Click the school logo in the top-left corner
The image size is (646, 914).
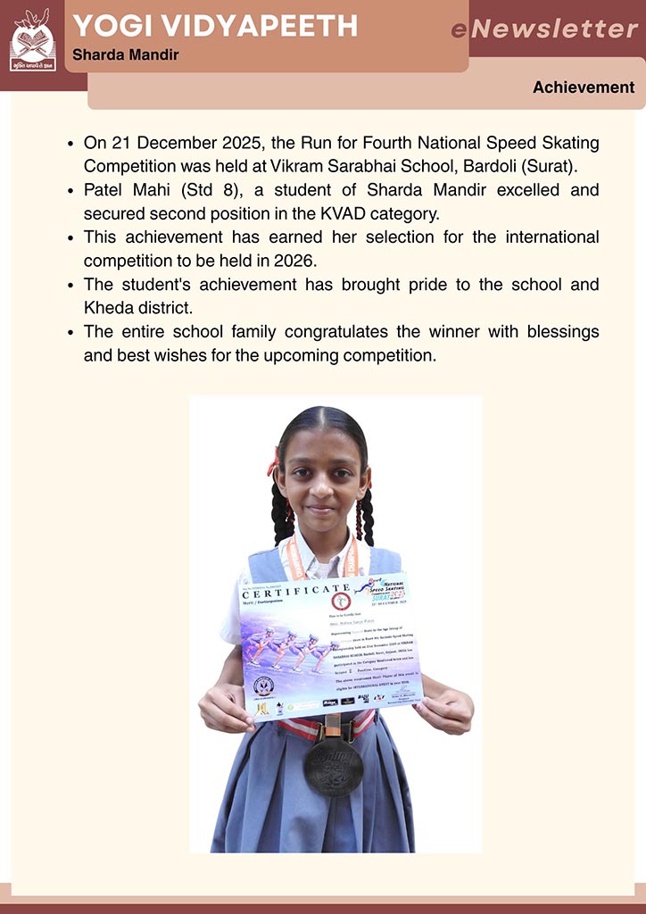tap(32, 40)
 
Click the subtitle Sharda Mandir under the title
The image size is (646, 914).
tap(125, 55)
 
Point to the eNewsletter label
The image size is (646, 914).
tap(544, 29)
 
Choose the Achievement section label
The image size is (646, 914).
tap(584, 87)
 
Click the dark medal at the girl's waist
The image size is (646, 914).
tap(332, 765)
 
